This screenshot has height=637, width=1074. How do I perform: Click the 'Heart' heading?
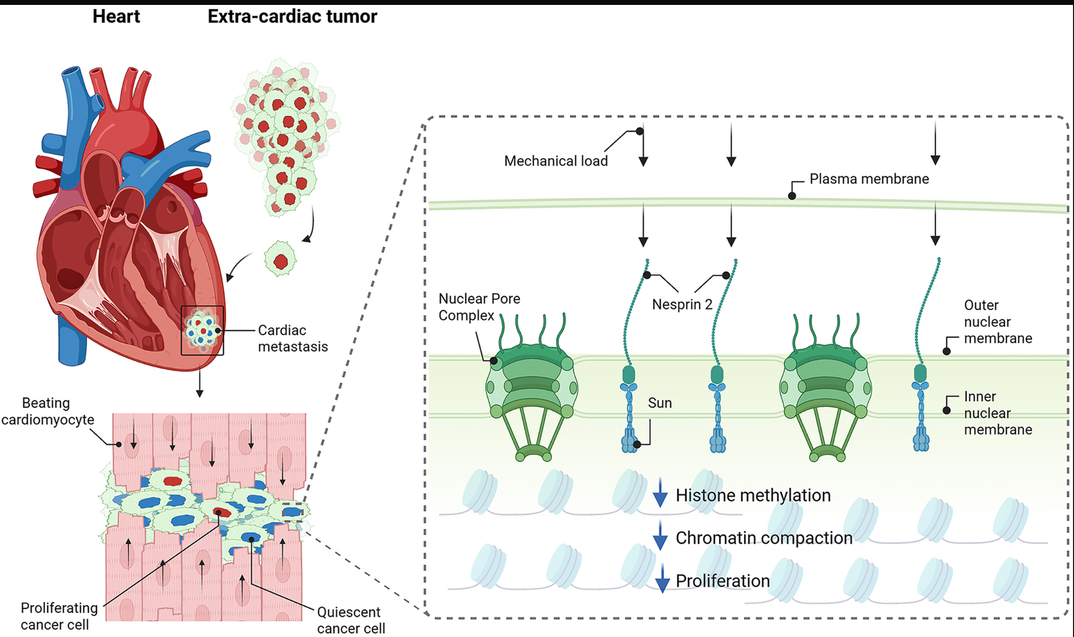(x=116, y=17)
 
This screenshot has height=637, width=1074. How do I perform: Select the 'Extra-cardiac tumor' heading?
(x=292, y=17)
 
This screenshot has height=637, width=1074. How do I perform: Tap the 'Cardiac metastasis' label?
(x=293, y=338)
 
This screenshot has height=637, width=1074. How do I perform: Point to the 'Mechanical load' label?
(x=556, y=161)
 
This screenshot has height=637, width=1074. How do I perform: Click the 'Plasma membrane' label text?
(x=869, y=179)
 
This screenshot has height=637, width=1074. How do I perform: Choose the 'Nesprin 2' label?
(x=682, y=304)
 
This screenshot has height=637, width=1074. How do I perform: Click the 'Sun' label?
(x=659, y=403)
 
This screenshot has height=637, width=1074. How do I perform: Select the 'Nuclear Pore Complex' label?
(x=479, y=307)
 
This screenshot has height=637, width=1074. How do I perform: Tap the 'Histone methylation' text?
(x=753, y=495)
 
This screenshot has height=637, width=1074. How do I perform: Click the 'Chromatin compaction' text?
(x=764, y=538)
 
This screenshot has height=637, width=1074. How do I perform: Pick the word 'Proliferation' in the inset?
(x=722, y=581)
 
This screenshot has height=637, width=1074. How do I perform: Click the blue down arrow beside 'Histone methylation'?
(x=660, y=493)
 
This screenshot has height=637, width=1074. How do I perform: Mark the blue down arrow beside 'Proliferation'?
(x=662, y=579)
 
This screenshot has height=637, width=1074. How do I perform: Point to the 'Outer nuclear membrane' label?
(x=997, y=322)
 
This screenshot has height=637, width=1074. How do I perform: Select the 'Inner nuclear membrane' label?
(x=997, y=413)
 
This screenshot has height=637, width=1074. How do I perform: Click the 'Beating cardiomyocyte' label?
(x=48, y=411)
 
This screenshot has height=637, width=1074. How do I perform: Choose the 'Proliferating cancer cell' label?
(x=59, y=616)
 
